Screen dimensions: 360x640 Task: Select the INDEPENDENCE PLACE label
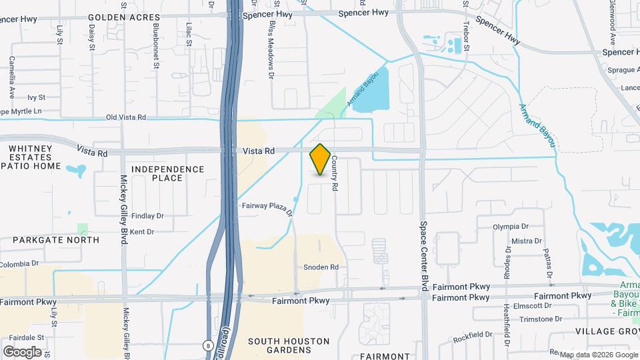167,173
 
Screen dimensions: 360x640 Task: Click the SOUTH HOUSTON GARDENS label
289,346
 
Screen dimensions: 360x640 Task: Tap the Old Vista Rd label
126,117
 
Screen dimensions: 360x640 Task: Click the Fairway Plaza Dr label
268,209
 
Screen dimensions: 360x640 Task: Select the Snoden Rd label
321,267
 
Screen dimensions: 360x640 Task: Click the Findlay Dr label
147,216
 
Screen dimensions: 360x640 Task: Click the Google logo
22,351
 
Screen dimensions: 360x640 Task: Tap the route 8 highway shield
208,345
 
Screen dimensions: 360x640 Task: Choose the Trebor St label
467,37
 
